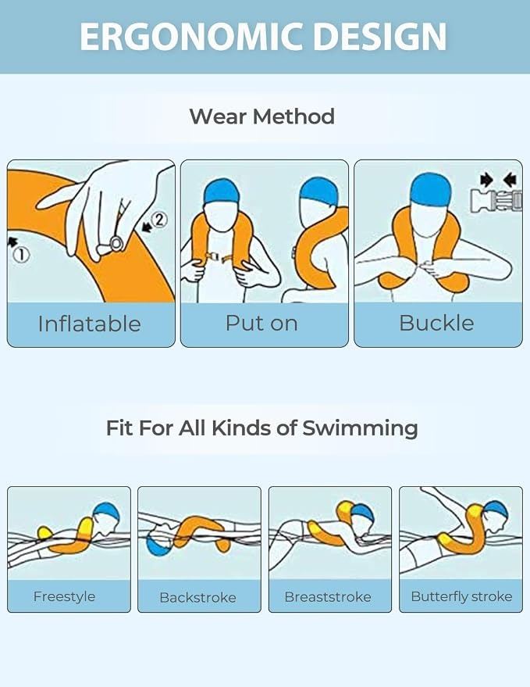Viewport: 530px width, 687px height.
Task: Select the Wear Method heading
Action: pyautogui.click(x=262, y=116)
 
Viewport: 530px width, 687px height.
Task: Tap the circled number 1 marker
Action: pyautogui.click(x=20, y=255)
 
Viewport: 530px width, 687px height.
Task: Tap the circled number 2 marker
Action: pyautogui.click(x=160, y=219)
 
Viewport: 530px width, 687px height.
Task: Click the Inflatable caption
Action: pyautogui.click(x=90, y=324)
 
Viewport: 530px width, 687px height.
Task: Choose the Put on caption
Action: pyautogui.click(x=261, y=323)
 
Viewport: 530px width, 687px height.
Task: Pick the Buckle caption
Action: pyautogui.click(x=436, y=323)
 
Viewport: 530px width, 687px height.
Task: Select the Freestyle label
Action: pyautogui.click(x=64, y=596)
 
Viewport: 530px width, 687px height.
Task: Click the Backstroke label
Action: pyautogui.click(x=197, y=597)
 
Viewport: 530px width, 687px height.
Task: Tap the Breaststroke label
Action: pyautogui.click(x=328, y=597)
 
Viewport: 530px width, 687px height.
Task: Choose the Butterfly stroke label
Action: pyautogui.click(x=462, y=596)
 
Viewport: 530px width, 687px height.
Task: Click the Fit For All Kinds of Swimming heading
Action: pyautogui.click(x=262, y=428)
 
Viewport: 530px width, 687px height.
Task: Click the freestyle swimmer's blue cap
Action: pyautogui.click(x=107, y=512)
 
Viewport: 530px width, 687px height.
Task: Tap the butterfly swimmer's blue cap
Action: pyautogui.click(x=496, y=510)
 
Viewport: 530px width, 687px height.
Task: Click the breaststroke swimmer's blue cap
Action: pyautogui.click(x=363, y=513)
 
